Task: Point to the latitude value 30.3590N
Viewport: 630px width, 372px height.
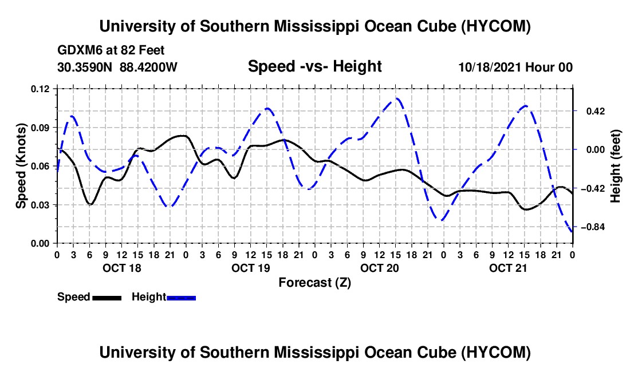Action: pyautogui.click(x=85, y=67)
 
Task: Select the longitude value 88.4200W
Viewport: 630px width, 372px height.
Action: pyautogui.click(x=148, y=67)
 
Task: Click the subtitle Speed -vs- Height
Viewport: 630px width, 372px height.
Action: pyautogui.click(x=314, y=66)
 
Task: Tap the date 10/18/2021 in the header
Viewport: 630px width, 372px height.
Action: pyautogui.click(x=489, y=67)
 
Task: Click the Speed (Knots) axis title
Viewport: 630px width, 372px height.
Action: pyautogui.click(x=21, y=166)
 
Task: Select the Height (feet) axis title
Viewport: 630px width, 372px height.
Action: pyautogui.click(x=616, y=166)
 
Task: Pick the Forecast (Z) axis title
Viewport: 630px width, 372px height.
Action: pyautogui.click(x=314, y=283)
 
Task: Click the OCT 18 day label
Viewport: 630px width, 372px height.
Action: pyautogui.click(x=122, y=268)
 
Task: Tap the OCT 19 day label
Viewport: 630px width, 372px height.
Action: pyautogui.click(x=251, y=268)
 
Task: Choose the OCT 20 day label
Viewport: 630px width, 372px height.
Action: pyautogui.click(x=379, y=268)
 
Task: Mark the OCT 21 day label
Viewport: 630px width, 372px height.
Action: pyautogui.click(x=508, y=268)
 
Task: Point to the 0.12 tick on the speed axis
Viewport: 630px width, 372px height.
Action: pyautogui.click(x=40, y=89)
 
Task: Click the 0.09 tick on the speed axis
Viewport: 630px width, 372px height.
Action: pyautogui.click(x=40, y=128)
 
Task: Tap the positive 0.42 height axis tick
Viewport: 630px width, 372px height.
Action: pyautogui.click(x=596, y=111)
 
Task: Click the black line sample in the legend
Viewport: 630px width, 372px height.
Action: pyautogui.click(x=107, y=298)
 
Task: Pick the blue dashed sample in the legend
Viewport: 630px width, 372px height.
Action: pyautogui.click(x=181, y=298)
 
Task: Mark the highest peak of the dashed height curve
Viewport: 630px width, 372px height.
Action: pyautogui.click(x=397, y=98)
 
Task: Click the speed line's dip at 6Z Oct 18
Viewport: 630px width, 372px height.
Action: pyautogui.click(x=90, y=204)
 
